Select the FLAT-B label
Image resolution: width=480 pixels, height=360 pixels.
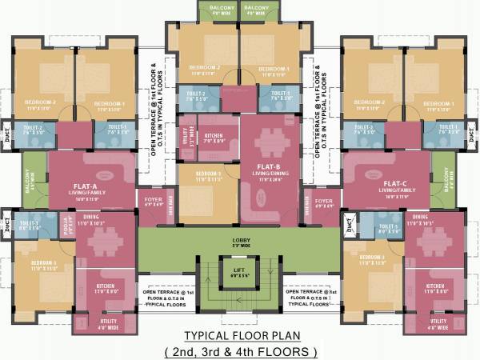click(x=245, y=166)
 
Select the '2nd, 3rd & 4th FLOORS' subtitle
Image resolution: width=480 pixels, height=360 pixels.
click(x=240, y=350)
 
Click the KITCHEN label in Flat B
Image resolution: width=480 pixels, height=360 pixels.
click(x=213, y=137)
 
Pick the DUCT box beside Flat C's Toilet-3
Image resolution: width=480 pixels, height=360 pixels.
click(x=349, y=225)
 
